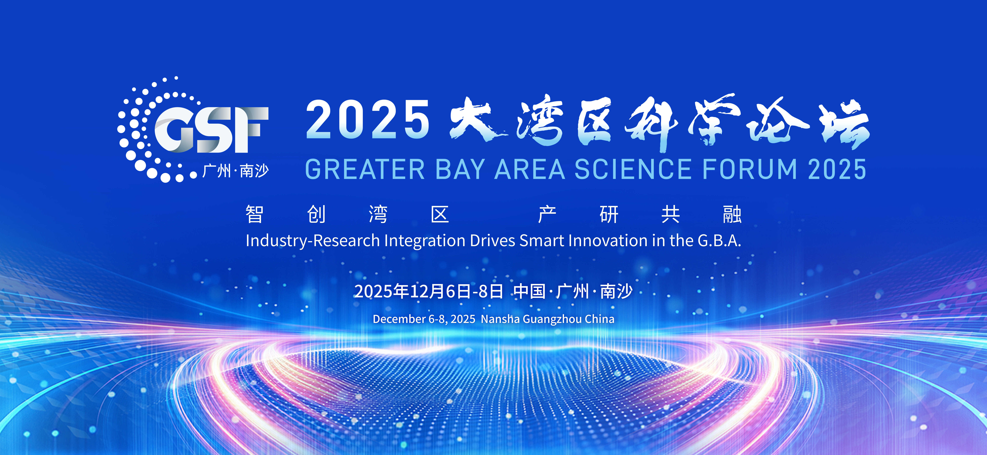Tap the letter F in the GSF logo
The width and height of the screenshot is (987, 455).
pos(249,130)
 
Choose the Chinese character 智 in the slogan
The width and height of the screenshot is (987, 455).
pos(254,214)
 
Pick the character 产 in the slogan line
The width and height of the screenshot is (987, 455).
pos(547,214)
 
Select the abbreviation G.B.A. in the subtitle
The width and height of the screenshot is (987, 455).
pos(719,241)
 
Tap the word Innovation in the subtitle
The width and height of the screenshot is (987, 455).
pos(608,241)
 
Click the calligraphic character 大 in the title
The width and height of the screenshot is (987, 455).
pos(479,119)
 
